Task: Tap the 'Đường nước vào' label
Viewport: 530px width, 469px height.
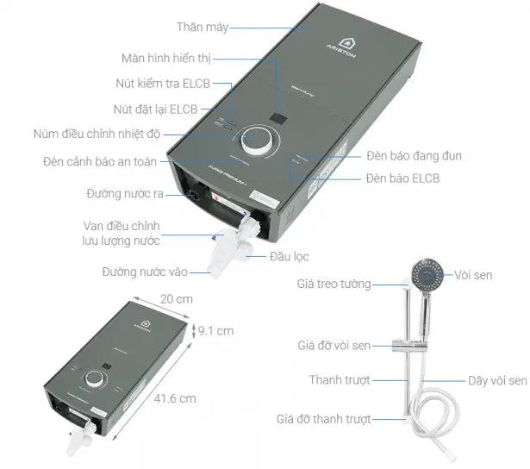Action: pyautogui.click(x=145, y=272)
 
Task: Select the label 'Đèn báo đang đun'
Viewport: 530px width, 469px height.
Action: pyautogui.click(x=414, y=156)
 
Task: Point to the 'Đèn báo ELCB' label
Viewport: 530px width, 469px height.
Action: pyautogui.click(x=402, y=179)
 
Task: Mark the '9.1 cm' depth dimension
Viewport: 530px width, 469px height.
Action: pyautogui.click(x=215, y=330)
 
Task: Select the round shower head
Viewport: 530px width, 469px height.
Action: pyautogui.click(x=428, y=277)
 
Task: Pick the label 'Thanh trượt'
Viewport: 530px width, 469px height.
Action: pyautogui.click(x=340, y=380)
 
